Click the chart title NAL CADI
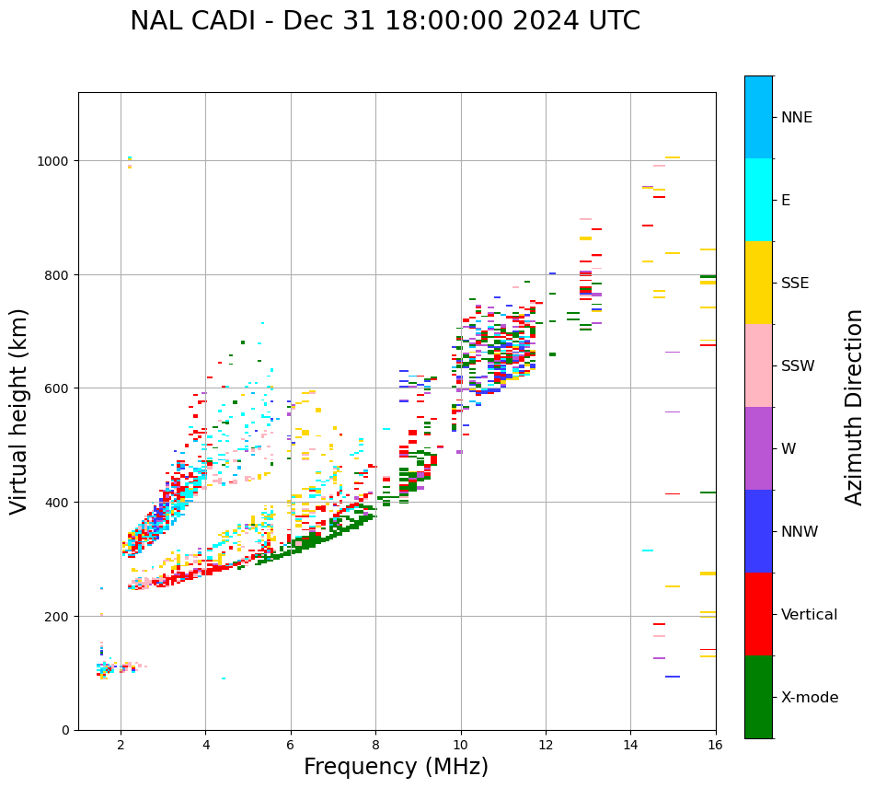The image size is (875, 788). [385, 21]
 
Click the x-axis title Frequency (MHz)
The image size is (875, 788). [396, 767]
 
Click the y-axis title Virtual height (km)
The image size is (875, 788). [19, 411]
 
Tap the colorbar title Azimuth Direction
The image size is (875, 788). [855, 407]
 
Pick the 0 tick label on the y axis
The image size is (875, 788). [65, 730]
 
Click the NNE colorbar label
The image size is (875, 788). [797, 117]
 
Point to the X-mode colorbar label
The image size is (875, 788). [810, 697]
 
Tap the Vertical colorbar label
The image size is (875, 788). [810, 614]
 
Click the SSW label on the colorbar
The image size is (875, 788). [798, 365]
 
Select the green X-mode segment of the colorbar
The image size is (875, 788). [758, 697]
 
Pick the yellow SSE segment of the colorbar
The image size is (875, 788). [758, 283]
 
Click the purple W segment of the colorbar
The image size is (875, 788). [758, 448]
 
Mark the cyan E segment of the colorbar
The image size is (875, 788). [758, 200]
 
